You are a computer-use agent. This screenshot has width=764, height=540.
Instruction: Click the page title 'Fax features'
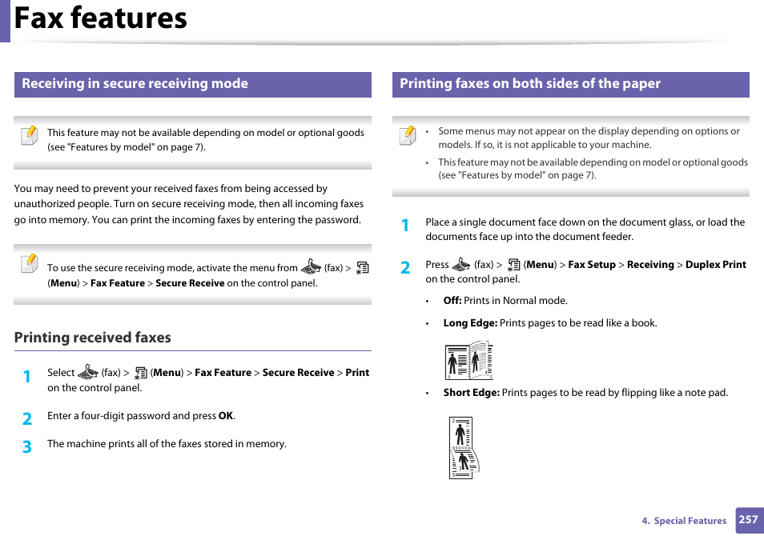tap(101, 18)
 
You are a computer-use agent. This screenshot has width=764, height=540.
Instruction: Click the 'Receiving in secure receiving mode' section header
tap(135, 84)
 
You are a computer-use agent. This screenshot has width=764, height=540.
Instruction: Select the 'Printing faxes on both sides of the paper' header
tap(530, 84)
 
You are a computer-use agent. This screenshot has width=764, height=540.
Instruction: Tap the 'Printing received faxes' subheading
tap(92, 338)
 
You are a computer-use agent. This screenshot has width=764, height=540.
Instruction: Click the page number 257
tap(748, 520)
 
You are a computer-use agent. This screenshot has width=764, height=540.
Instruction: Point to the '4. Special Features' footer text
tap(684, 521)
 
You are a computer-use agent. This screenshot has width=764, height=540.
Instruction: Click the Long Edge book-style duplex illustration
tap(468, 361)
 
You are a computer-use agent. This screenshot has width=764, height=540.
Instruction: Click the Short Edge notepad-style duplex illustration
tap(463, 448)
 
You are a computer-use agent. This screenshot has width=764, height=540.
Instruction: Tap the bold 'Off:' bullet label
tap(452, 301)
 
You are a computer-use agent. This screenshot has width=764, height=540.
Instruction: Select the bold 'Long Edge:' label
tap(470, 323)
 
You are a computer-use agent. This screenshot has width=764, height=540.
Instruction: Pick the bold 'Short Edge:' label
tap(471, 393)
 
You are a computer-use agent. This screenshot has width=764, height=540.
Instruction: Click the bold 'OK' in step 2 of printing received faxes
tap(226, 416)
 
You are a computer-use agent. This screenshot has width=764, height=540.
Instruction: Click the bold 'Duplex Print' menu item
tap(716, 265)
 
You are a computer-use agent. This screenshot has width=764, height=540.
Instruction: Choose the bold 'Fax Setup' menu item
tap(591, 265)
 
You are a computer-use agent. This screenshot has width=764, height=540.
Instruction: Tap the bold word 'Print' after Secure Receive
tap(357, 373)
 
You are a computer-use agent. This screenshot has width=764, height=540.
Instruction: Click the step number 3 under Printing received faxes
tap(27, 446)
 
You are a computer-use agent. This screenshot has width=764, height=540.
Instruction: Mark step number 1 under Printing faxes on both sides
tap(405, 226)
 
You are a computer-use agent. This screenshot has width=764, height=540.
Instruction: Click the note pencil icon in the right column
tap(408, 134)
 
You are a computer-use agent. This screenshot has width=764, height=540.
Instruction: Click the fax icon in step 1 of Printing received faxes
tap(88, 372)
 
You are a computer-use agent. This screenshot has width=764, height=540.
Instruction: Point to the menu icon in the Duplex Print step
tap(513, 265)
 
